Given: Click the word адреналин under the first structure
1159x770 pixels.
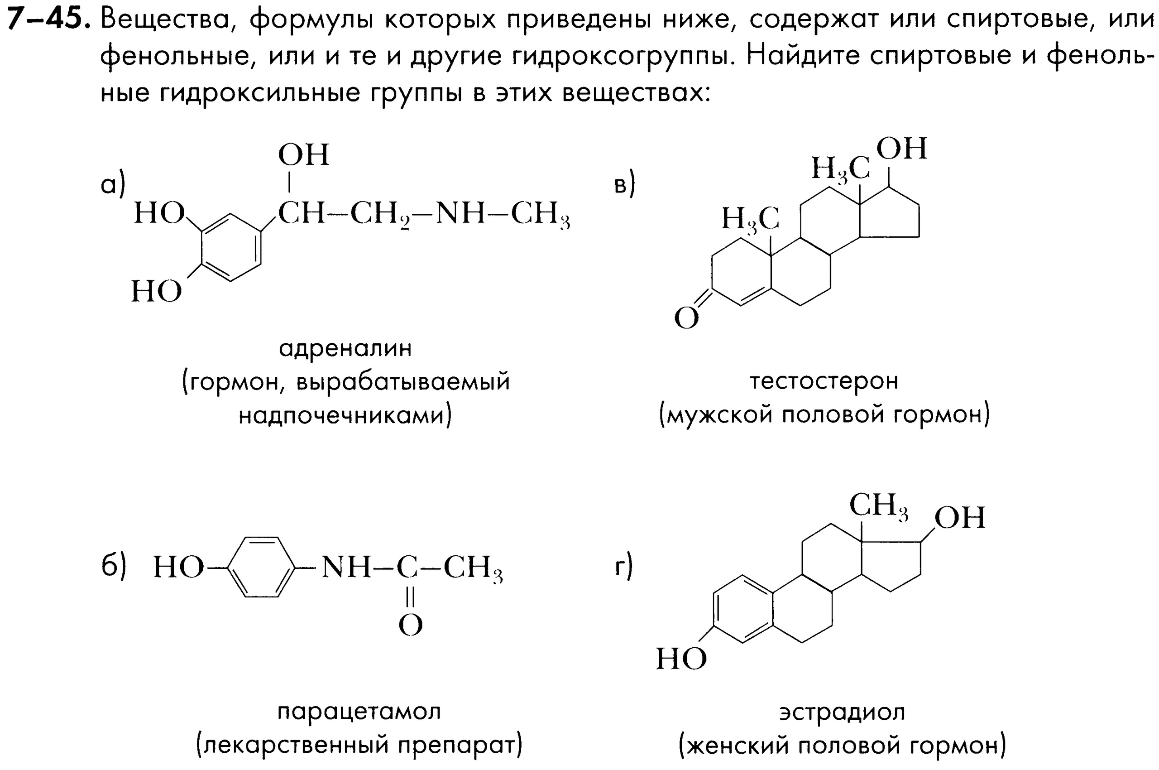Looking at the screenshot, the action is [345, 349].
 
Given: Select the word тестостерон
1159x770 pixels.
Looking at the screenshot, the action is [824, 381].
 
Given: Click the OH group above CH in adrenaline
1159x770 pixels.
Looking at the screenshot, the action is [303, 155].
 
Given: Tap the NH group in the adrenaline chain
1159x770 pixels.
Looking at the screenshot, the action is [460, 214].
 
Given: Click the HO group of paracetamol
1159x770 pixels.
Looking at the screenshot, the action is [178, 568].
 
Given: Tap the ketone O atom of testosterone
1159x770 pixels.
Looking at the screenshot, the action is [686, 318].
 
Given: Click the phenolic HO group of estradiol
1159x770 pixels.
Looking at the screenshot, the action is [681, 659].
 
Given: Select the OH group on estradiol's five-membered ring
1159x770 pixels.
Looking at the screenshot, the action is [960, 518].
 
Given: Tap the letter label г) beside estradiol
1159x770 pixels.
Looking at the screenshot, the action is [623, 566].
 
